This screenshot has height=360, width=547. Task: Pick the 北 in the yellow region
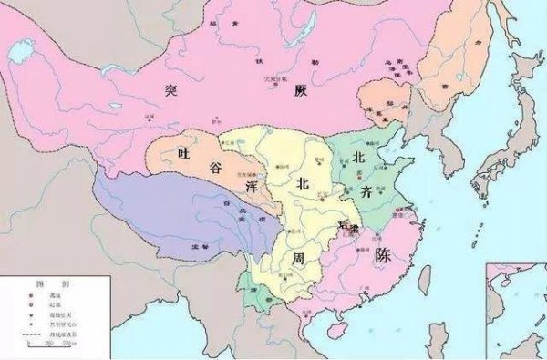coord(303,182)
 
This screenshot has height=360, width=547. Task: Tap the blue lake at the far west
coord(18,54)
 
